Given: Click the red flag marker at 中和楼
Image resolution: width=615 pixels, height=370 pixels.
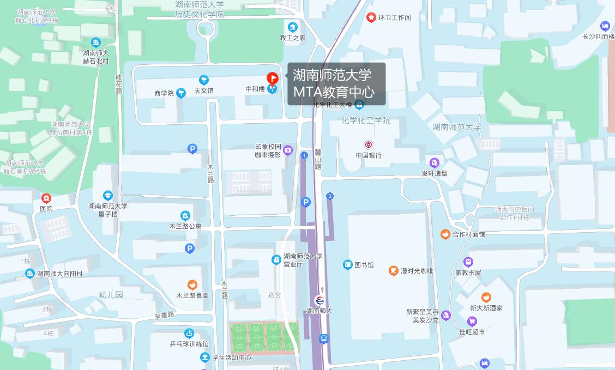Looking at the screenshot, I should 272,79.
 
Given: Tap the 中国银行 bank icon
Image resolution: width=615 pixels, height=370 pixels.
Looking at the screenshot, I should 369,145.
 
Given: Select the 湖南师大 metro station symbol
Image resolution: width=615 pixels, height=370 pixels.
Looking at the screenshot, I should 319,300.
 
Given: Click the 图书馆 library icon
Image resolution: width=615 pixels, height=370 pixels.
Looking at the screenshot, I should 348,265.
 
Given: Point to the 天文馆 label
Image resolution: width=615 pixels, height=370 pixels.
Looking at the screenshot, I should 204,90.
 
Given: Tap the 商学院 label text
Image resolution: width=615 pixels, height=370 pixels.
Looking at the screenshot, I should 164,94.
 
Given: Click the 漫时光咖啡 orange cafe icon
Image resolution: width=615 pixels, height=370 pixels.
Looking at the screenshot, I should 394,271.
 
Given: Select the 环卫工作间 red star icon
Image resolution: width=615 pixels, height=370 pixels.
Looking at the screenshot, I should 371,17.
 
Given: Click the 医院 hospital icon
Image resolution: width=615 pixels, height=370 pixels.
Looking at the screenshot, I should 46,198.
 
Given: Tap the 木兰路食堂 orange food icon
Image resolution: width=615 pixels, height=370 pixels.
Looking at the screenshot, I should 192,285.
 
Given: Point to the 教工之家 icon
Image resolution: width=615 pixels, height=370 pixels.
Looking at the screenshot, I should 293,27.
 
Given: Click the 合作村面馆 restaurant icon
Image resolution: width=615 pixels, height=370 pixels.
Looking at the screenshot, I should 445,234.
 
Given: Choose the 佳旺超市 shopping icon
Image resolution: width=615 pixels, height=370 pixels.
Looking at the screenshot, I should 472,322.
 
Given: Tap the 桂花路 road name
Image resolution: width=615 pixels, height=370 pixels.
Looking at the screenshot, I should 119,84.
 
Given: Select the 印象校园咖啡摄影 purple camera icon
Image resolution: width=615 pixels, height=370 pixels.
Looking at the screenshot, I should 288,150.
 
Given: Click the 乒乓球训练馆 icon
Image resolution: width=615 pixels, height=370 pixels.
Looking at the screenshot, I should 189,333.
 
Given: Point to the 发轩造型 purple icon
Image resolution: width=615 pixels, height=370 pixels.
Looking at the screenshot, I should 435,163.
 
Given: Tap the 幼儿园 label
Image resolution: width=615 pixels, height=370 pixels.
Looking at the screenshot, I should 111,295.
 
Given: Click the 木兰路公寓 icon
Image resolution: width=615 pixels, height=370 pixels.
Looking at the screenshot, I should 185,216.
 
